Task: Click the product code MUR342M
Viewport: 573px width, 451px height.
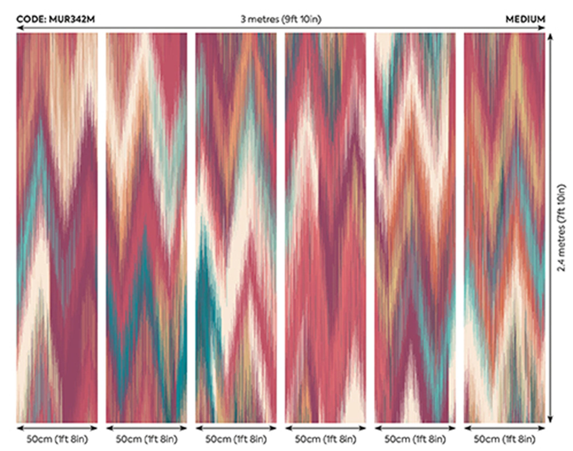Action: tap(56, 19)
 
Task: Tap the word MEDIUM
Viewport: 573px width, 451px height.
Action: tap(525, 19)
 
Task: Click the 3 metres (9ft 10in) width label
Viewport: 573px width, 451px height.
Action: tap(281, 19)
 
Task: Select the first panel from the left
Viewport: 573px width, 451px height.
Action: tap(57, 228)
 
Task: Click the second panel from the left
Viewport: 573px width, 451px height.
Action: tap(146, 228)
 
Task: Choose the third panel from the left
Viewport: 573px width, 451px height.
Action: tap(236, 228)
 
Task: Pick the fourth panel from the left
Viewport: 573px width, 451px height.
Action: tap(325, 228)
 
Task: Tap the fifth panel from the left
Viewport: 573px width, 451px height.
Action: tap(415, 228)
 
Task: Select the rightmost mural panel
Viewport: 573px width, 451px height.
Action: tap(505, 228)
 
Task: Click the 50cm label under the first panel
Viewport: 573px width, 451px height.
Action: tap(57, 439)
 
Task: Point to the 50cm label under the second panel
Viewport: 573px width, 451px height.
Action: tap(146, 439)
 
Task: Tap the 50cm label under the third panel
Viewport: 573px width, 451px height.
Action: tap(236, 439)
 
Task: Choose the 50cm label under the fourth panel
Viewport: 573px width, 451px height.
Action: tap(325, 439)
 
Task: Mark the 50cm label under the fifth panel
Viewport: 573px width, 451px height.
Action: tap(415, 439)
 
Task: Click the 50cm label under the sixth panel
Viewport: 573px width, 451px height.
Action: tap(505, 439)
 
